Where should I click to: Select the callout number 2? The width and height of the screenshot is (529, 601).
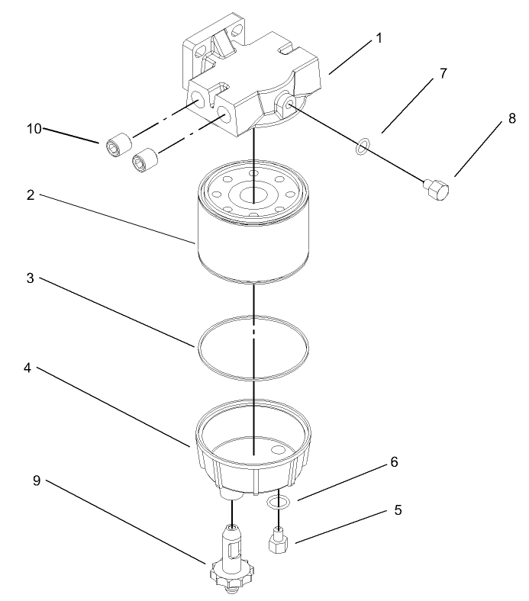30,194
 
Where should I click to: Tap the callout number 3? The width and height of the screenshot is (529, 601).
30,280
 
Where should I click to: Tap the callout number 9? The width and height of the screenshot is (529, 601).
36,481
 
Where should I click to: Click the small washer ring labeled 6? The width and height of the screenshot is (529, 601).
279,502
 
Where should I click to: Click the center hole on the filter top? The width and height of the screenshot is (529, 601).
253,194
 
